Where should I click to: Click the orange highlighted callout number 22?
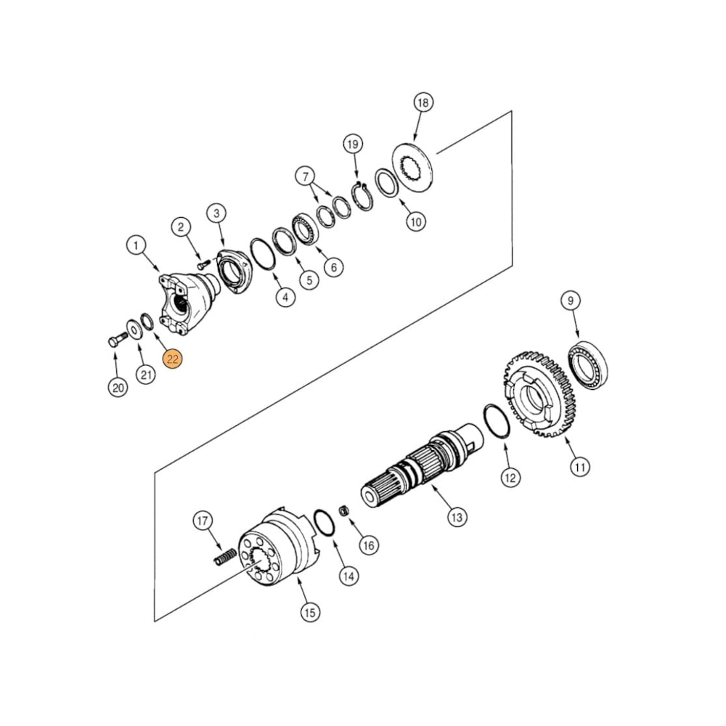(173, 359)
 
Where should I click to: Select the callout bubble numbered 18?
(423, 102)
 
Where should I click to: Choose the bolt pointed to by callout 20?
(115, 340)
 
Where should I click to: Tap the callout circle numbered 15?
(310, 613)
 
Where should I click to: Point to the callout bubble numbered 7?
(305, 176)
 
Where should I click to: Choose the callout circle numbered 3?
(216, 213)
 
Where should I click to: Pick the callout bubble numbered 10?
(415, 222)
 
